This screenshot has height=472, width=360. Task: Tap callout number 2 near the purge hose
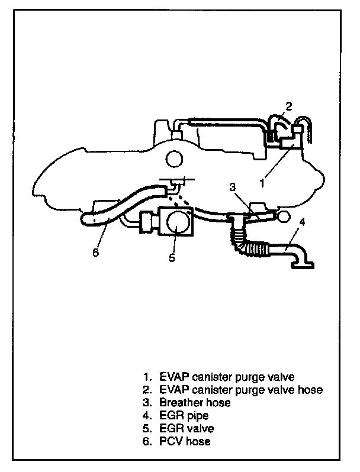[x=288, y=106]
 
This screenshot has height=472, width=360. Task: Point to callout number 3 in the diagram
[x=233, y=187]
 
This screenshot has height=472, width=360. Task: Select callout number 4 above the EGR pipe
[x=302, y=222]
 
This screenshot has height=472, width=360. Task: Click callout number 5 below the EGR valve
[x=171, y=257]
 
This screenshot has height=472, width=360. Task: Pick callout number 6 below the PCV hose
[x=95, y=253]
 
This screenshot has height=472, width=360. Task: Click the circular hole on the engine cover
[x=174, y=159]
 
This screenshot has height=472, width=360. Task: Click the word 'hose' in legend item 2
[x=310, y=389]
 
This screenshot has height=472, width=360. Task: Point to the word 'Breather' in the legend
[x=178, y=402]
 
